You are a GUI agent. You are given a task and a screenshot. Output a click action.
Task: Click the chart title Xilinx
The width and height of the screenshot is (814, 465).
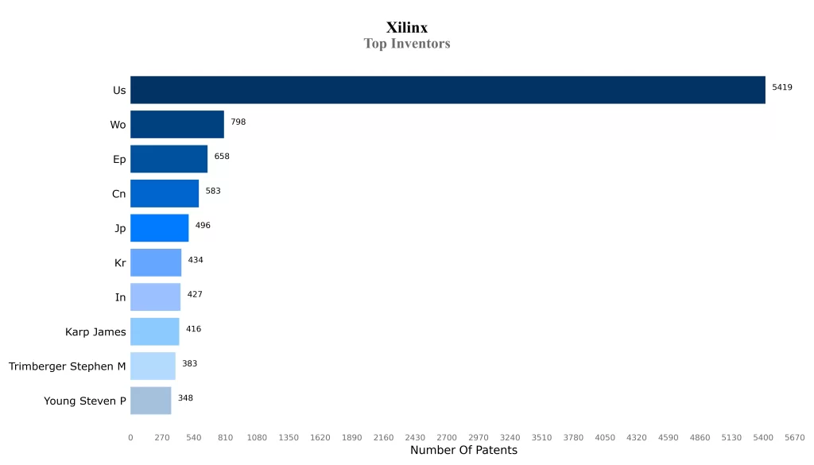tap(406, 28)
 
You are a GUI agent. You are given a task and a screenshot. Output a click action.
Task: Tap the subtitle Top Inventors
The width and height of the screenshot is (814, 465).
tap(406, 44)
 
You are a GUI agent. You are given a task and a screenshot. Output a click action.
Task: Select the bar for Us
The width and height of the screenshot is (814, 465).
tap(448, 90)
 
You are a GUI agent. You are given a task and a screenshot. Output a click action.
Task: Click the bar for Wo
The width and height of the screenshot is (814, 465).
tap(176, 125)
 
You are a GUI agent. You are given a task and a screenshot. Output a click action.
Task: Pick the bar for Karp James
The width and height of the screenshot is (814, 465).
tap(154, 331)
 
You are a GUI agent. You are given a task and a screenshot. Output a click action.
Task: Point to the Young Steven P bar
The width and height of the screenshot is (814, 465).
tap(150, 401)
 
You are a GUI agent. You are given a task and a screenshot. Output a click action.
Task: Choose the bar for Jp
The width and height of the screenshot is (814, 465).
tap(159, 228)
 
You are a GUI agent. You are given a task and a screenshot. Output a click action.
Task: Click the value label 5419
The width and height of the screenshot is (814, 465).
tap(782, 87)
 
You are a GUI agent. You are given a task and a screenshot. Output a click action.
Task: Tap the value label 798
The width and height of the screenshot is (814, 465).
tap(238, 122)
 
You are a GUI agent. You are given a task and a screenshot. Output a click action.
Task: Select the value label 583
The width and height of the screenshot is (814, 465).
tap(213, 191)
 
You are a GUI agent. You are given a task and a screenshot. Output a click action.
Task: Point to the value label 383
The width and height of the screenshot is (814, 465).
tap(189, 363)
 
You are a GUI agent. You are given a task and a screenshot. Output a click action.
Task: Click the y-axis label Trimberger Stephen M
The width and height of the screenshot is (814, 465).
tap(68, 366)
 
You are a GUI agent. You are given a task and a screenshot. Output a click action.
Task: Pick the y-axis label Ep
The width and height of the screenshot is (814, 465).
tap(119, 160)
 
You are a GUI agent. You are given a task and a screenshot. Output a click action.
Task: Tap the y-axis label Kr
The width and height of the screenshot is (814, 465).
tap(120, 263)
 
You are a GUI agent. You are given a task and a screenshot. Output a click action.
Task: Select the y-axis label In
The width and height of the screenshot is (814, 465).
tap(120, 297)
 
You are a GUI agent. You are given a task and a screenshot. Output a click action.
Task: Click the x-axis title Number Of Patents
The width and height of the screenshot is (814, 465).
tap(463, 451)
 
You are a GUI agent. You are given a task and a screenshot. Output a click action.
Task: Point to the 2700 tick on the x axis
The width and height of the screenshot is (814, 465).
tap(447, 437)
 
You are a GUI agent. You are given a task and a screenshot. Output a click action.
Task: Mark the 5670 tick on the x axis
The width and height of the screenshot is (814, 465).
tap(794, 437)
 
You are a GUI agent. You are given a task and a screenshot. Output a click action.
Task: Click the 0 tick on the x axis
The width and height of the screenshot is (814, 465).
tap(130, 437)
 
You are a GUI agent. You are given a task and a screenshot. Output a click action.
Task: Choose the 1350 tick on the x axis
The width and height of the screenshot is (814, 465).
tap(289, 437)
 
